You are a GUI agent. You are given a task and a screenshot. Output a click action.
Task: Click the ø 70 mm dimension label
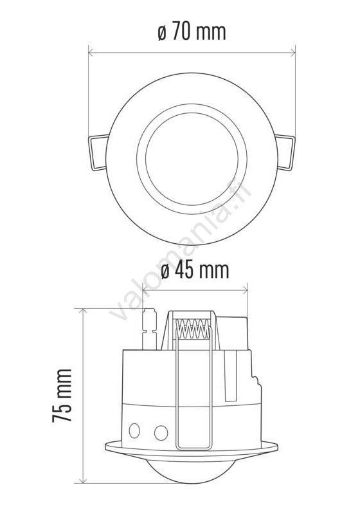pos(192,32)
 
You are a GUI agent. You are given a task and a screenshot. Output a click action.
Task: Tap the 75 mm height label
pos(62,396)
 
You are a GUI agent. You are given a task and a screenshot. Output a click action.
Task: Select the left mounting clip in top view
pos(98,152)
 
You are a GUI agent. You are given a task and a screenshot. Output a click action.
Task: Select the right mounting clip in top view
pos(285,152)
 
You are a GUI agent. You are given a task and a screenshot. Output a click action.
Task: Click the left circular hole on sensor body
pos(134,430)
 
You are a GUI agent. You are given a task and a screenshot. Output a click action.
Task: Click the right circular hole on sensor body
pos(161,433)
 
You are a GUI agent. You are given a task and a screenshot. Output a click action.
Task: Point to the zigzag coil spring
pos(193,329)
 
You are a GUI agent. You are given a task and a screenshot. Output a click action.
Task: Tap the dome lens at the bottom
pos(192,471)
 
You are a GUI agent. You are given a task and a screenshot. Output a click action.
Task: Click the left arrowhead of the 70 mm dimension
pos(91,52)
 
